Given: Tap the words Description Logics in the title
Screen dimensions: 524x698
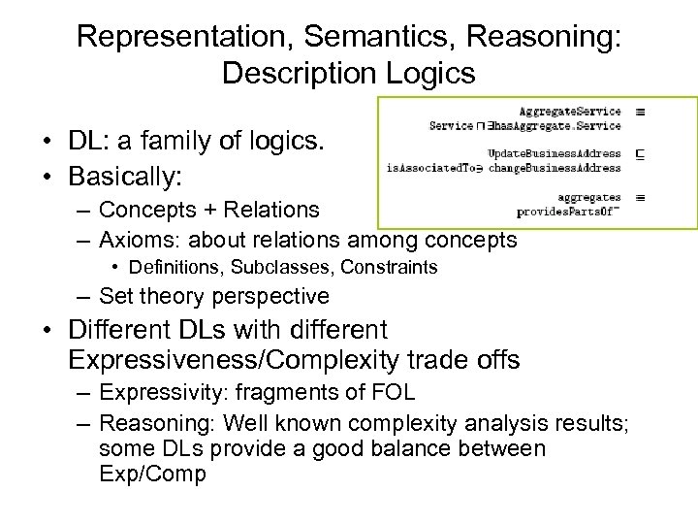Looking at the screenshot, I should [348, 74].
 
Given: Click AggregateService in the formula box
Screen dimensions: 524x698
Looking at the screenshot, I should [569, 113].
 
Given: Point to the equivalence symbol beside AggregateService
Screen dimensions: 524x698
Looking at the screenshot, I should [640, 113].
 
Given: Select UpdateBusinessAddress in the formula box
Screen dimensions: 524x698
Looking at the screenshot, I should [554, 154].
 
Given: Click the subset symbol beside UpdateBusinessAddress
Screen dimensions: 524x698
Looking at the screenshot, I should [640, 154].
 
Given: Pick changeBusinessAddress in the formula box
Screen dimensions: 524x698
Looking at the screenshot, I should [555, 168].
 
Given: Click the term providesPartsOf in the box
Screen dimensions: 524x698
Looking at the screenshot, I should [568, 211].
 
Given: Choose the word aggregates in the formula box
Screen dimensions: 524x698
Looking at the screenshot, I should [588, 197].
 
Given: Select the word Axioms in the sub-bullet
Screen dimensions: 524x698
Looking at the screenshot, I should [135, 239].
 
